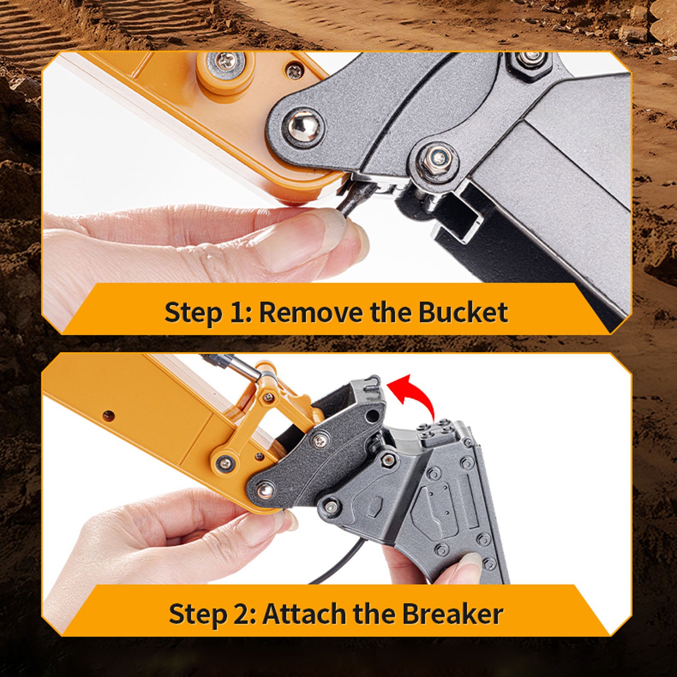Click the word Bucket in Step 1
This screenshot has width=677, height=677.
463,312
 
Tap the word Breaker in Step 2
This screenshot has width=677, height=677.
453,614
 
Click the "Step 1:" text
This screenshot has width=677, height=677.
208,312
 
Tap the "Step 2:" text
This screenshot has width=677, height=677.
212,614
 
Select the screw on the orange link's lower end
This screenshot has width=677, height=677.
223,461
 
